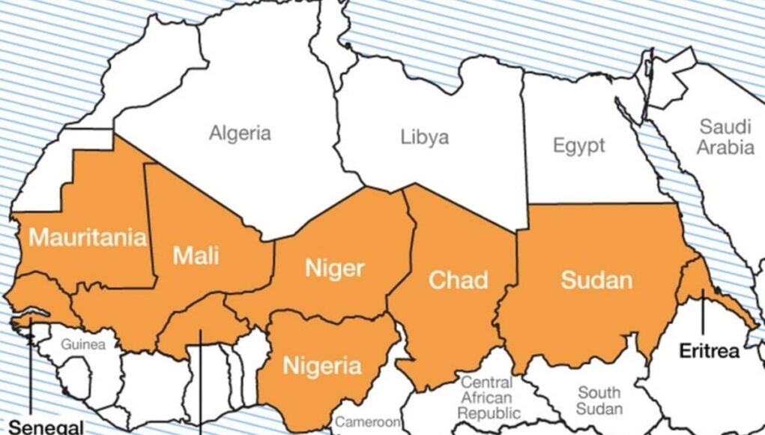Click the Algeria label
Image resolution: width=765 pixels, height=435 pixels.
240,134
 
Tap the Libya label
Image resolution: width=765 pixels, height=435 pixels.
425,137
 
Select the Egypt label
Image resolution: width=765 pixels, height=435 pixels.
578,145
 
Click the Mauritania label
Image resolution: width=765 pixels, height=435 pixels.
87,238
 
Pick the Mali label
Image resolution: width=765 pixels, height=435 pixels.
196,255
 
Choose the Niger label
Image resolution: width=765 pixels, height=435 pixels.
334,268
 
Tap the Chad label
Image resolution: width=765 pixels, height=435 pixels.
458,280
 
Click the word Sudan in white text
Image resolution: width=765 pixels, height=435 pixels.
596,280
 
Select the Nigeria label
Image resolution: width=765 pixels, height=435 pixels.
321,366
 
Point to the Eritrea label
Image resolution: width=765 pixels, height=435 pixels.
709,351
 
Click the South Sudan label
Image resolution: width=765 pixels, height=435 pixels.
599,400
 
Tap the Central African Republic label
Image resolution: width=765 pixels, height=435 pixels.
488,397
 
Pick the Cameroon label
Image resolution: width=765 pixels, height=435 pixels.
368,422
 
